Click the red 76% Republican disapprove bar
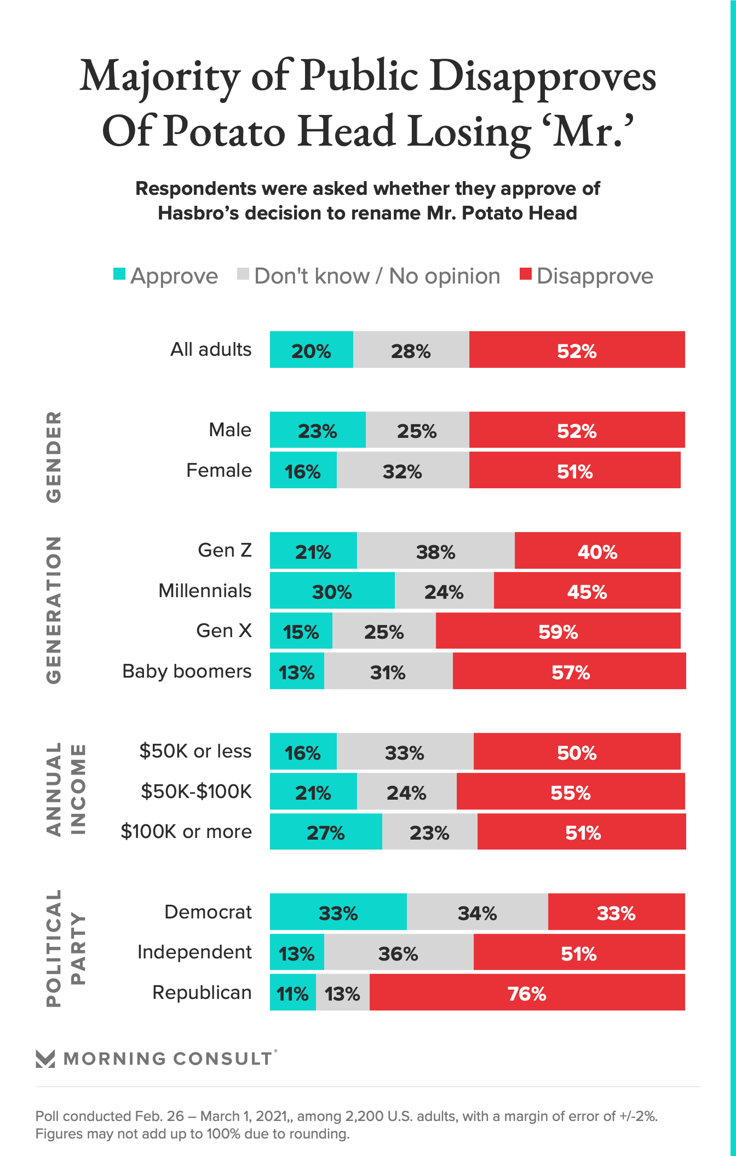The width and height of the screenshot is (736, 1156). coord(527,992)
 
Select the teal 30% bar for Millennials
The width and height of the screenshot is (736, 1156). coord(332,591)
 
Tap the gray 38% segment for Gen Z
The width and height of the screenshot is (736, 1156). coord(435,551)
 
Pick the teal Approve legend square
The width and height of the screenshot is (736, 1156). coord(119,274)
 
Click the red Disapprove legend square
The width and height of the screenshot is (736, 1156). coord(526,274)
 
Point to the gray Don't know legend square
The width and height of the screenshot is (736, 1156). coord(243,274)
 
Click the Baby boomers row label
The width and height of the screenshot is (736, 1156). coord(187,671)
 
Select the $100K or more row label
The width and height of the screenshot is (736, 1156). coord(186,831)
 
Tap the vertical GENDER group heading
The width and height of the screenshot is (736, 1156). coord(54,457)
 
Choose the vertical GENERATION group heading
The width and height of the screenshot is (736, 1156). coord(54,610)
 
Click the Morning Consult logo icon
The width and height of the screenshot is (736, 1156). coord(45,1059)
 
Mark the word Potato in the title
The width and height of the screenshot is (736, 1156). coord(225,131)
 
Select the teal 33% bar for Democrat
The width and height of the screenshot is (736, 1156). coord(338,912)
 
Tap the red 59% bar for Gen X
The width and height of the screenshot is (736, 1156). coord(558,631)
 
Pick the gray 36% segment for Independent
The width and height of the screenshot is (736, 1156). coord(398,952)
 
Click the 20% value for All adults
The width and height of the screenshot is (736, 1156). coord(311,350)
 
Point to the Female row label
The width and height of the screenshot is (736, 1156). coord(219,470)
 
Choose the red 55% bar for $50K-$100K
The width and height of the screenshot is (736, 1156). coord(571,791)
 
